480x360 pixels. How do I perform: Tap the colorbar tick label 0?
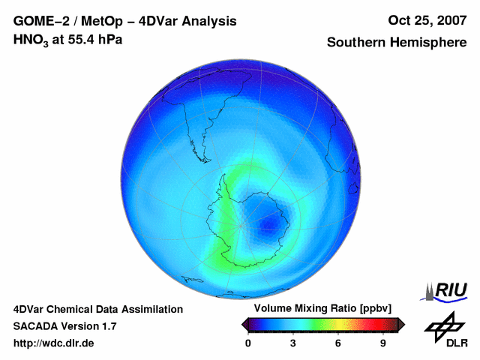coord(248,343)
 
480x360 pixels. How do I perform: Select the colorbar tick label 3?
coord(293,343)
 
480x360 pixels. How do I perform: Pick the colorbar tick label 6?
coord(338,343)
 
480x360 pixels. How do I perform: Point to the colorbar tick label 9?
coord(383,343)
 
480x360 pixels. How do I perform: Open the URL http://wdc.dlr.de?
coord(54,343)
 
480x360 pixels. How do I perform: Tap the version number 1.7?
coord(108,326)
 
